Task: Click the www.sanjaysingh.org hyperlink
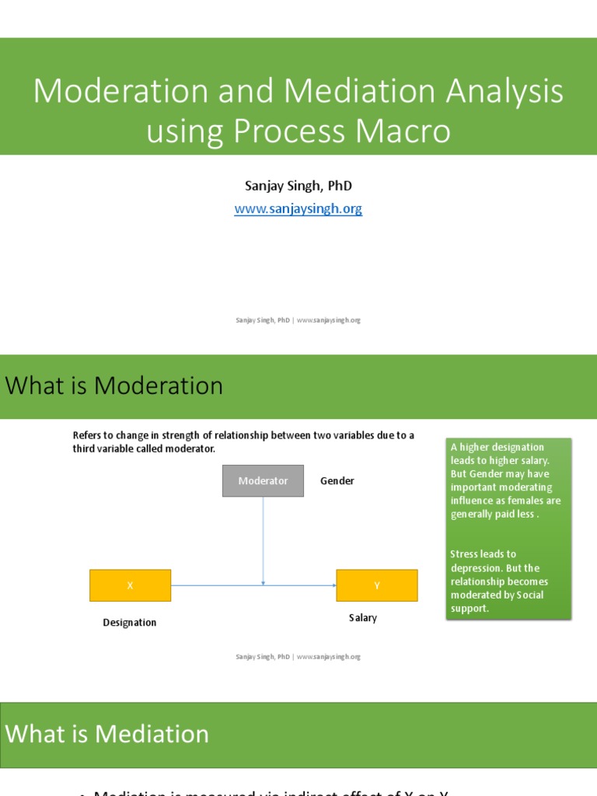tap(298, 209)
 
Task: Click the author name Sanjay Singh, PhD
tap(298, 186)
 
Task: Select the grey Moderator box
tap(263, 481)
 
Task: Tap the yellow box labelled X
tap(130, 585)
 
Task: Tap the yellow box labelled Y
tap(376, 585)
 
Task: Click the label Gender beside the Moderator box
tap(337, 481)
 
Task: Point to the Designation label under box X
tap(129, 623)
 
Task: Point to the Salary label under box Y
tap(362, 618)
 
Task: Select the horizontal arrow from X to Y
tap(218, 585)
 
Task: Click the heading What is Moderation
tap(114, 386)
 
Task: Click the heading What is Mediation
tap(107, 734)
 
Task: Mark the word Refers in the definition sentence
tap(89, 435)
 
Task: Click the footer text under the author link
tap(298, 320)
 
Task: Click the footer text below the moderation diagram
tap(298, 657)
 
